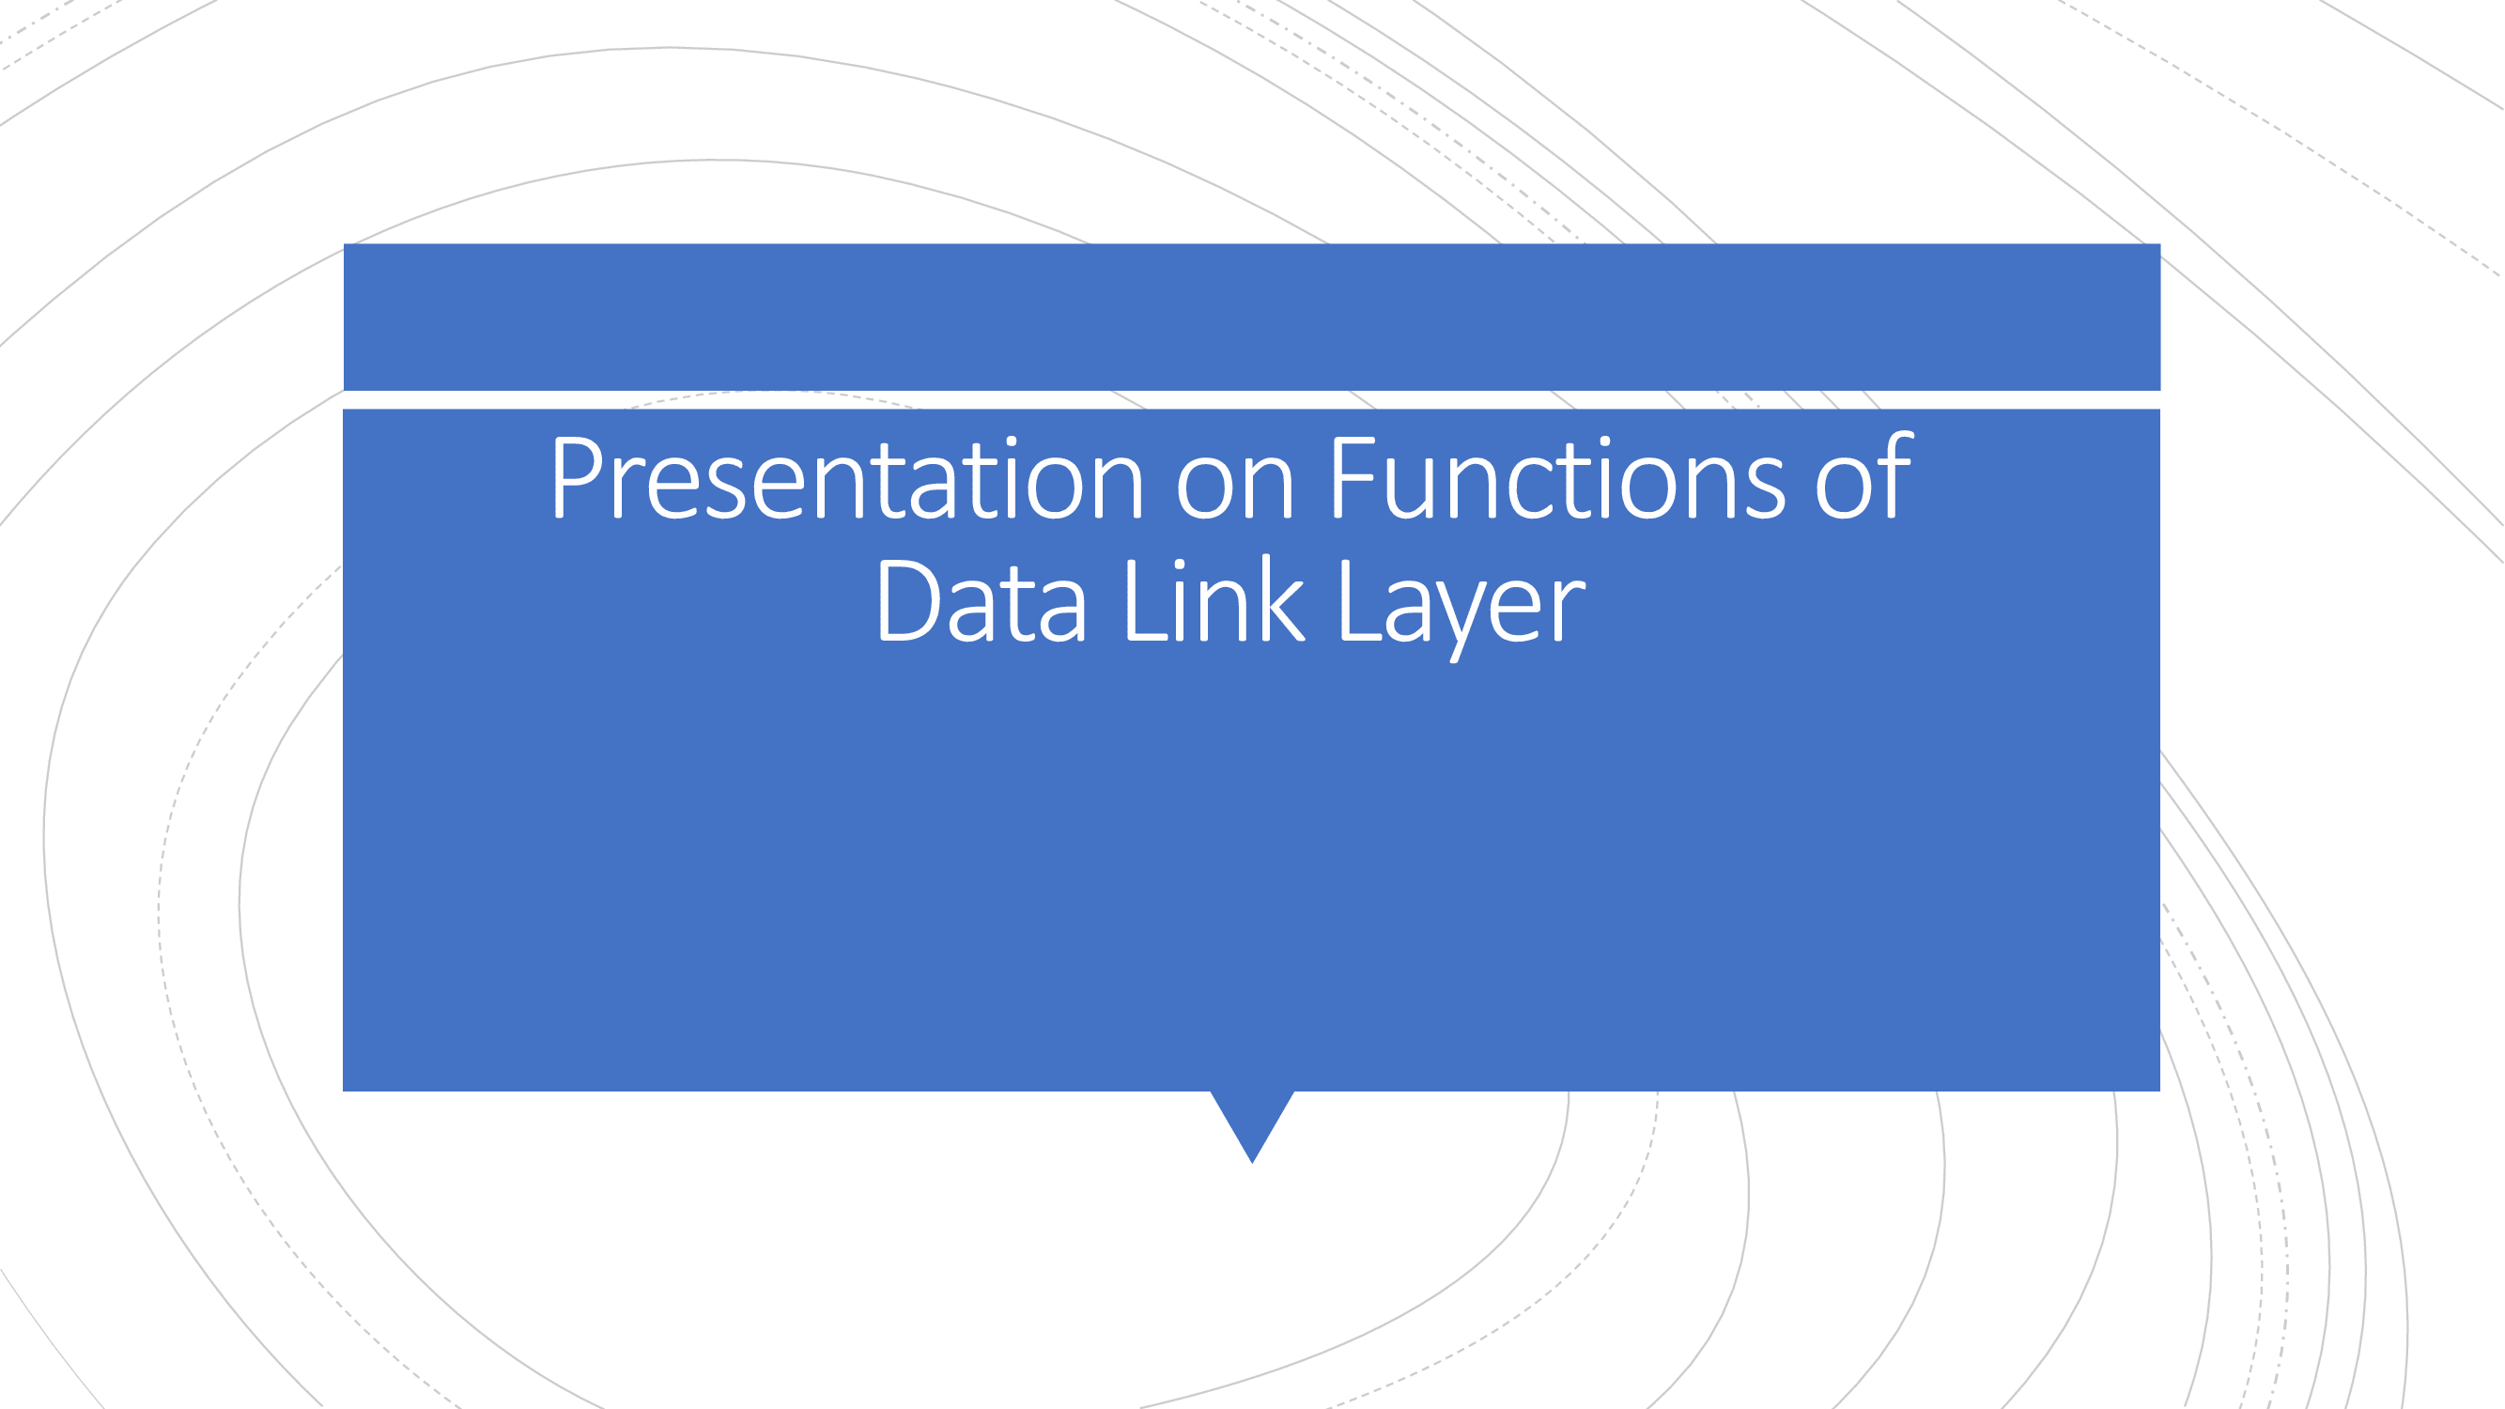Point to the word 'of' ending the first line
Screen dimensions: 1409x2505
coord(1863,480)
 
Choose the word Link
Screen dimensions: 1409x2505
coord(1213,603)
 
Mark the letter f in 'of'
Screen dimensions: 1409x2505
coord(1896,476)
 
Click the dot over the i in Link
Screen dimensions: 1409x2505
coord(1181,565)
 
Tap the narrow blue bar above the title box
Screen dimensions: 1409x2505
coord(1251,316)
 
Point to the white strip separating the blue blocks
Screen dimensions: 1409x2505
coord(1251,399)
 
